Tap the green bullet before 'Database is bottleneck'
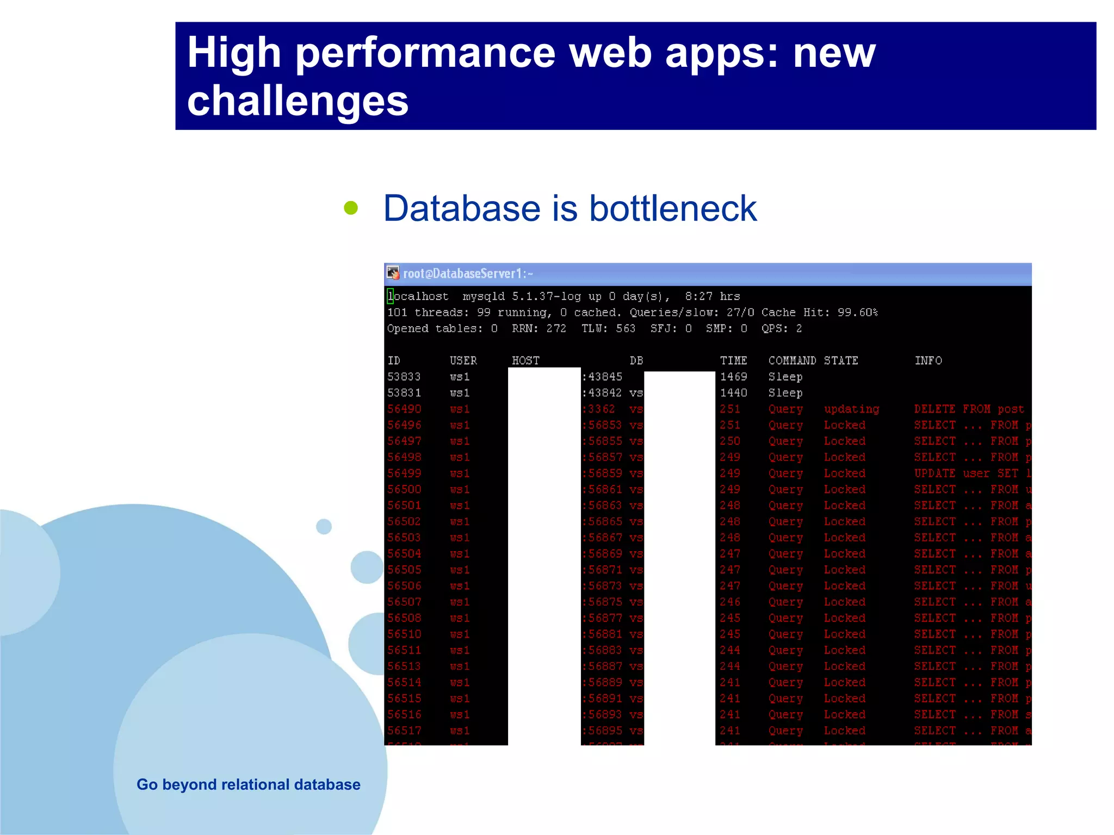pyautogui.click(x=351, y=208)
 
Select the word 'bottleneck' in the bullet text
pyautogui.click(x=673, y=208)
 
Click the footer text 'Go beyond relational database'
pyautogui.click(x=248, y=784)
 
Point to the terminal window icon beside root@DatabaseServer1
pyautogui.click(x=393, y=273)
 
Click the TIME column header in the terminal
pyautogui.click(x=733, y=360)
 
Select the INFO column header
pyautogui.click(x=928, y=360)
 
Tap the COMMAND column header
pyautogui.click(x=791, y=360)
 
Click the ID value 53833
pyautogui.click(x=404, y=377)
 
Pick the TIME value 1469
pyautogui.click(x=733, y=377)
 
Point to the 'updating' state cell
pyautogui.click(x=851, y=409)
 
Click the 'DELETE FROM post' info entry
pyautogui.click(x=969, y=409)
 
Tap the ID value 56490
pyautogui.click(x=404, y=409)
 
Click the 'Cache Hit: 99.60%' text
pyautogui.click(x=819, y=313)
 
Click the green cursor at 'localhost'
pyautogui.click(x=390, y=296)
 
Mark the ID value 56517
pyautogui.click(x=404, y=731)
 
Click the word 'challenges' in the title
pyautogui.click(x=298, y=101)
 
